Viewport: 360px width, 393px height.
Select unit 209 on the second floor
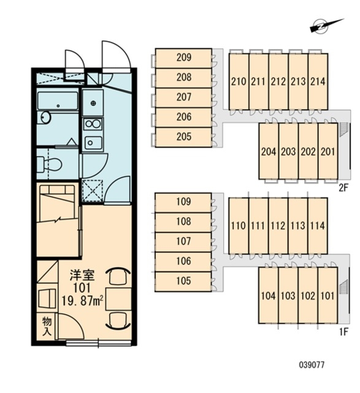[x=183, y=58]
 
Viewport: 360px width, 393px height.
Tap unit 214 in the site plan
[x=318, y=82]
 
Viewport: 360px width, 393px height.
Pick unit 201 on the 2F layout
[x=327, y=151]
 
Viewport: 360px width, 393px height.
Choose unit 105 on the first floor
[x=183, y=281]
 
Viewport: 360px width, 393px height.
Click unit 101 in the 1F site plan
[x=327, y=295]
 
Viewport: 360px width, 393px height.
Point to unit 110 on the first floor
[x=239, y=226]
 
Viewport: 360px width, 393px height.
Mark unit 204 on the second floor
[x=269, y=151]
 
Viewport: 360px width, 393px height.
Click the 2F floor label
[x=343, y=188]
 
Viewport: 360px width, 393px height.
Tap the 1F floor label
[x=344, y=332]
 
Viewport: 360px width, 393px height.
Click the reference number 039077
[x=312, y=365]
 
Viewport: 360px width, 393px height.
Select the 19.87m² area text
[x=83, y=301]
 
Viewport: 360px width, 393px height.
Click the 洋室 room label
[x=82, y=276]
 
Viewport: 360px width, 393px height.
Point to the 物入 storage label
[x=47, y=326]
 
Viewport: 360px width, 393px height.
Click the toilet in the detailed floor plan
[x=49, y=165]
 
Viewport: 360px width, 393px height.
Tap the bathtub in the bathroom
[x=58, y=101]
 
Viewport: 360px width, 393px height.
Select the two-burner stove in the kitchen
[x=93, y=124]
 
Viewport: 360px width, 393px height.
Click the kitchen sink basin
[x=93, y=143]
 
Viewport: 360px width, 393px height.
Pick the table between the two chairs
[x=118, y=299]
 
